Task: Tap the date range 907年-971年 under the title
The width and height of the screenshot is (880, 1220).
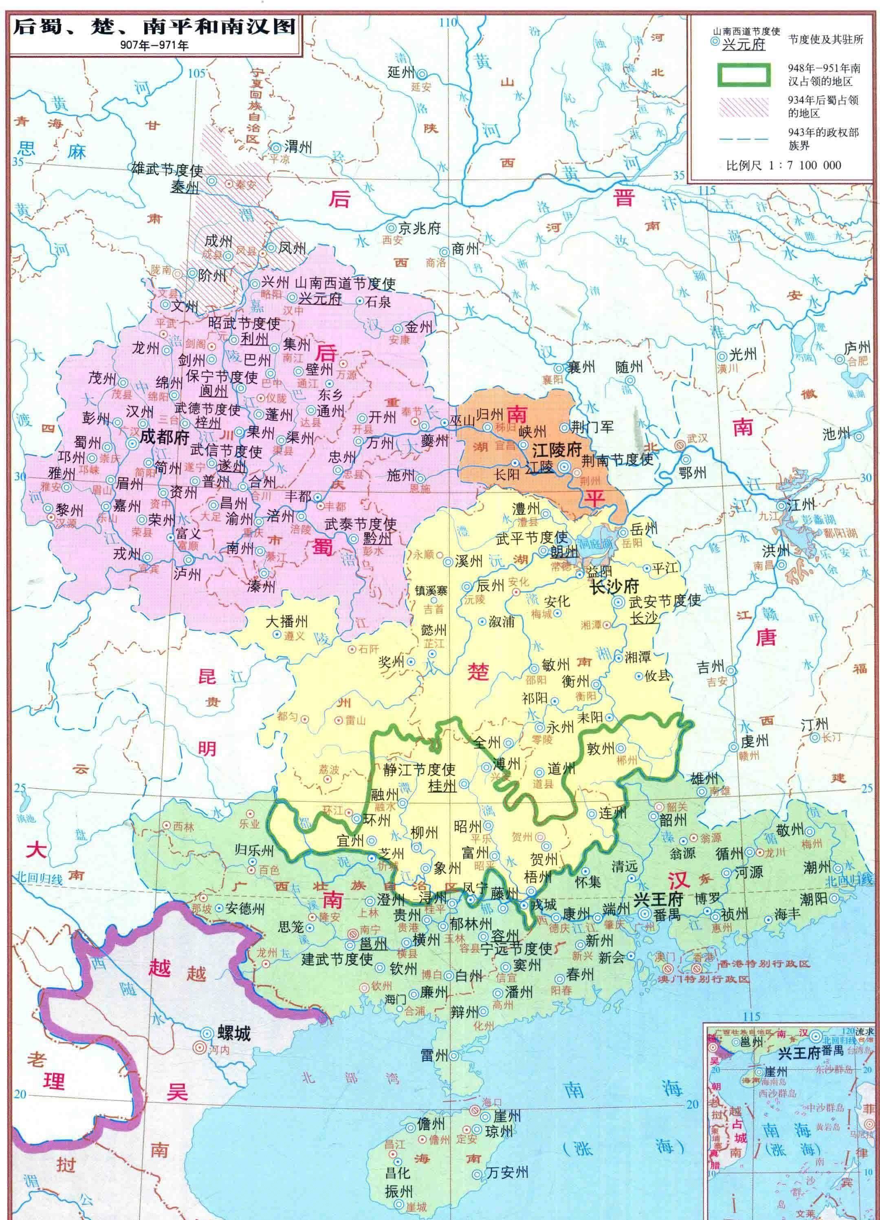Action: point(154,46)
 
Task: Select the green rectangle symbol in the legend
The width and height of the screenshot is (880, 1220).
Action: point(744,75)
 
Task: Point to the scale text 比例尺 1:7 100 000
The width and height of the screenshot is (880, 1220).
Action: point(783,165)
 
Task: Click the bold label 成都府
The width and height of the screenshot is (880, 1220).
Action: point(165,437)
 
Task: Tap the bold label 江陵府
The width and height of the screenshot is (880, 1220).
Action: point(557,450)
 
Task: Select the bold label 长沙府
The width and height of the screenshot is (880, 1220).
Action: point(614,586)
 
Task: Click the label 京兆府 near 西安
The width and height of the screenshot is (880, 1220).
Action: point(419,228)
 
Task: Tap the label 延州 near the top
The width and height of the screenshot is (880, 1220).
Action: point(401,72)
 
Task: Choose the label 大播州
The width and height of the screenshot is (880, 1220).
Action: point(286,621)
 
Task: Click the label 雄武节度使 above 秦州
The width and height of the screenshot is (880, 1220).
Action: point(167,170)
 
